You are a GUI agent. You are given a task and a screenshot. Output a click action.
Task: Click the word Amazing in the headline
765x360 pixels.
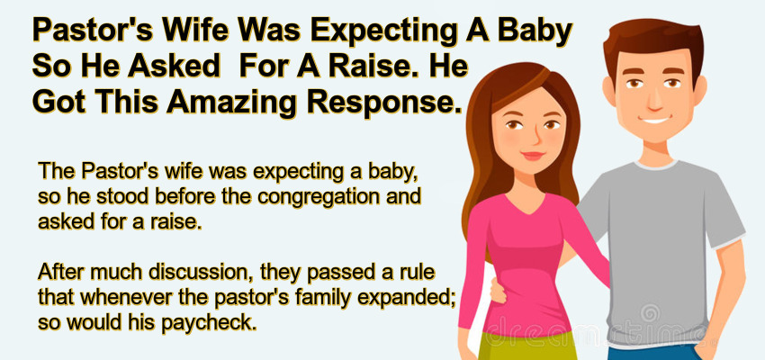coord(231,102)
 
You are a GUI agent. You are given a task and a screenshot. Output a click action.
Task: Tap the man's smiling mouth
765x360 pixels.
coord(655,120)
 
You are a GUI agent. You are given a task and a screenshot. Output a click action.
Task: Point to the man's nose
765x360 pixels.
coord(653,100)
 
